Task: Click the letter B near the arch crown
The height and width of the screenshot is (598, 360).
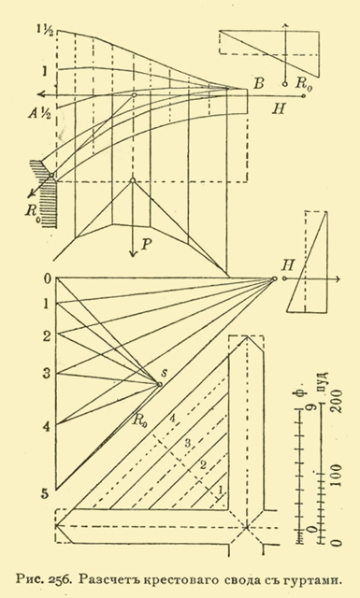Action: [259, 83]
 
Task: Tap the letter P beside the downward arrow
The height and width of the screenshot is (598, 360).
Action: [146, 245]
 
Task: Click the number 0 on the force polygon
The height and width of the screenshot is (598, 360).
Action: [48, 279]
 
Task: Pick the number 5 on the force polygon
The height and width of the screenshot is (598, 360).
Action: [46, 494]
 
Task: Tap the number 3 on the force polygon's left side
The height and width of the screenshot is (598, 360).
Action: [47, 374]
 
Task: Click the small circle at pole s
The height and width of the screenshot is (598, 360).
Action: [160, 384]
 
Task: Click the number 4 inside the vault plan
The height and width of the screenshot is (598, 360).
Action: [172, 419]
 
